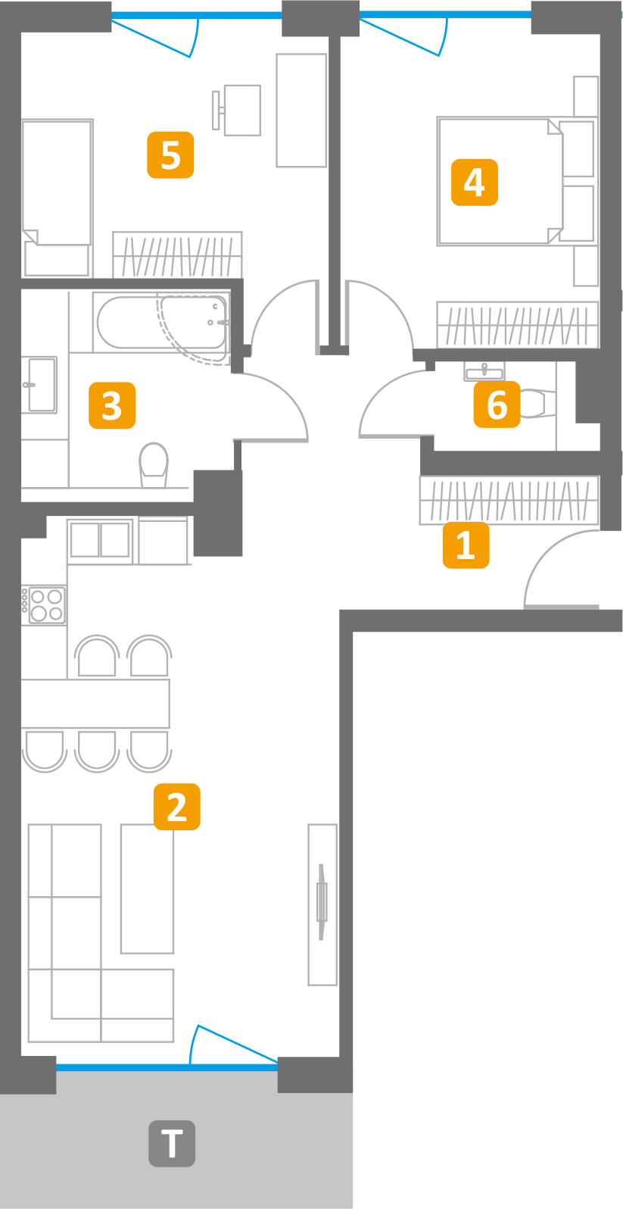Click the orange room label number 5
point(170,155)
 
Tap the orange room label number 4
point(474,183)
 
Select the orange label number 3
point(111,405)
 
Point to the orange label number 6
point(497,405)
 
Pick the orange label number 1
point(466,545)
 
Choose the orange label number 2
point(177,807)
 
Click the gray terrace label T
point(172,1144)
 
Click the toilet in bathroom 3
point(154,464)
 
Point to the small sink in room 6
point(484,370)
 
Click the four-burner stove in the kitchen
point(44,605)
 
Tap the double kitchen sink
point(100,540)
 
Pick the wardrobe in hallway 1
point(509,500)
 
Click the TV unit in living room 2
point(322,904)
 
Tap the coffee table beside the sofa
point(148,889)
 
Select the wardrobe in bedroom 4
point(517,325)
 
